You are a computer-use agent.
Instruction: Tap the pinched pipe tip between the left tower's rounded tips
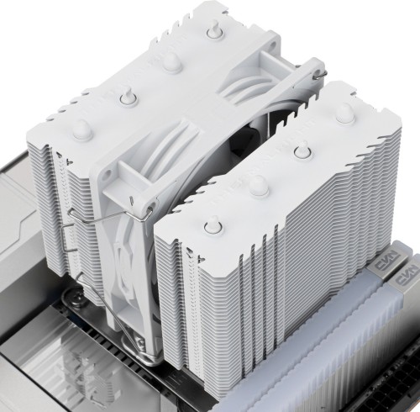coord(170,61)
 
